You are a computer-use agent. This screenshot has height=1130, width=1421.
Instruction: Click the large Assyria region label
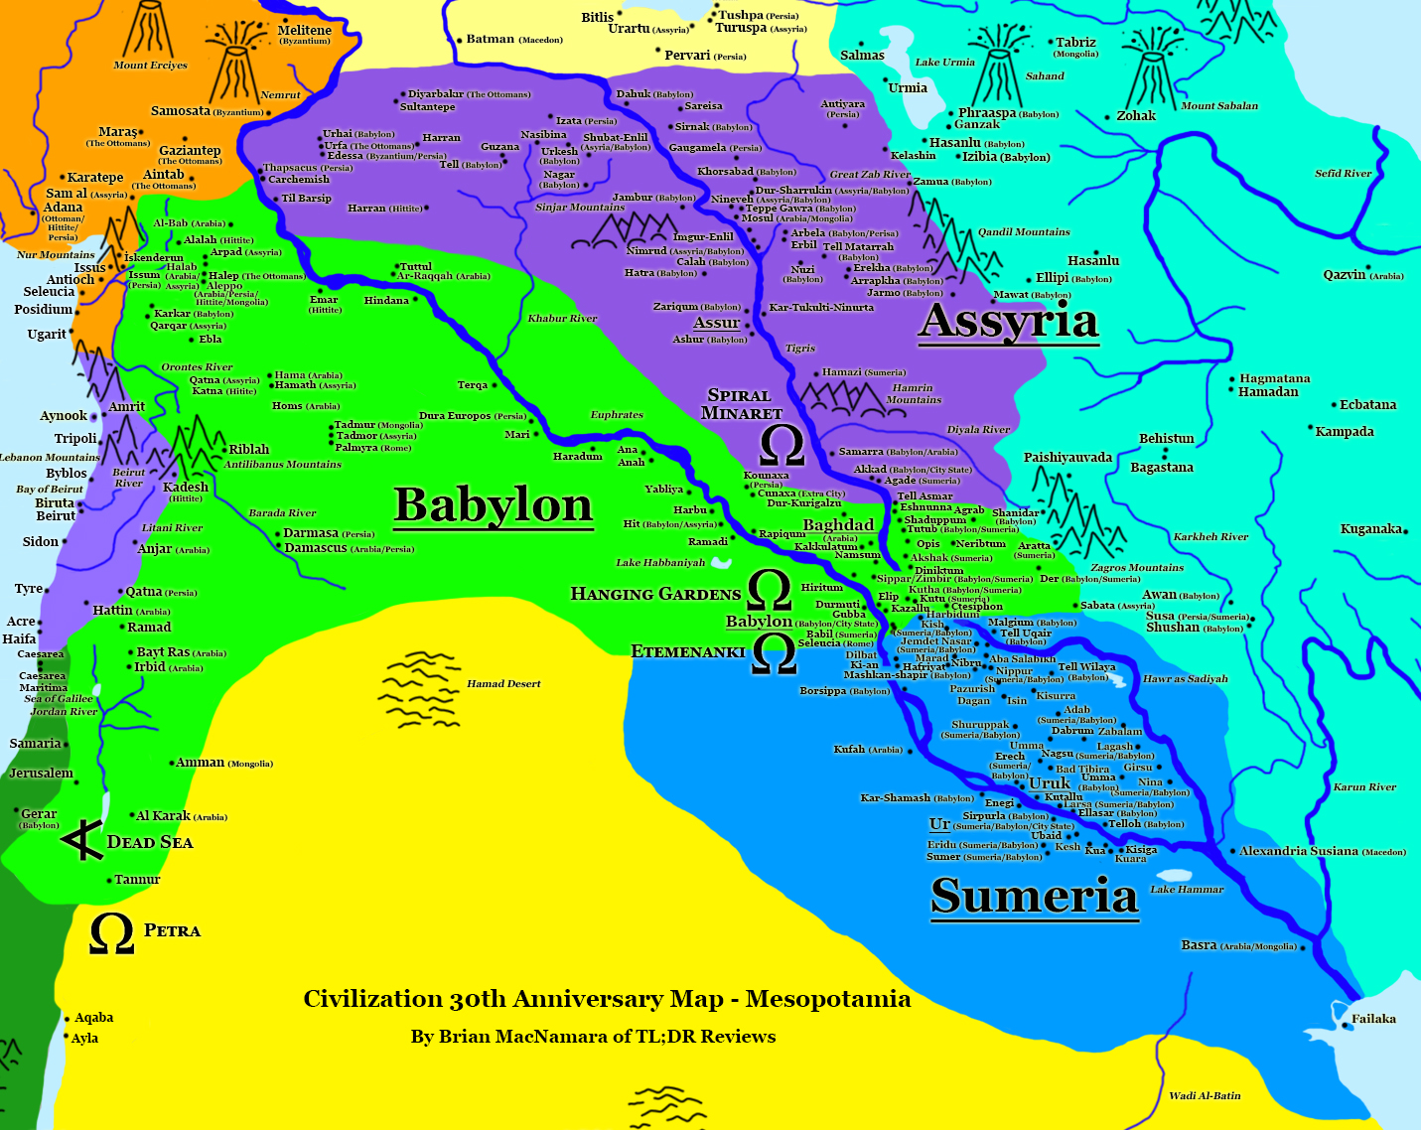coord(1008,321)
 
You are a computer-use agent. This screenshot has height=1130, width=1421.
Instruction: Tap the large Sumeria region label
coord(1034,896)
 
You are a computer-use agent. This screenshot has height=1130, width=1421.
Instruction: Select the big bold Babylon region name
coord(493,504)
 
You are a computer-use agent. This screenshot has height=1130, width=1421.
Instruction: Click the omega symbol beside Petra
coord(111,933)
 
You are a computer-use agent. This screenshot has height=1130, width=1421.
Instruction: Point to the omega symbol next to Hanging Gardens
coord(769,592)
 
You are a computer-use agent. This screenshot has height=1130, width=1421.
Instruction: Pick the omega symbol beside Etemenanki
coord(774,653)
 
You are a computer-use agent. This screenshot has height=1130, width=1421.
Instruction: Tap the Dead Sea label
coord(150,842)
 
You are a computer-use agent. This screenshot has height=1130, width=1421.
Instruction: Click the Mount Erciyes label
coord(150,66)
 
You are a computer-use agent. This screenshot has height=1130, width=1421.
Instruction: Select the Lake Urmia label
coord(944,63)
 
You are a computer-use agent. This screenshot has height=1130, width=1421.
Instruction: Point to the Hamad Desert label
coord(503,684)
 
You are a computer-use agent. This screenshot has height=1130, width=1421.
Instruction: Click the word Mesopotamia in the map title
coord(827,999)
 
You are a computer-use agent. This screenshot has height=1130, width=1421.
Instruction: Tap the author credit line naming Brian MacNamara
coord(593,1037)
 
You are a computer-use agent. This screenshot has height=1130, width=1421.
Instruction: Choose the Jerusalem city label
coord(41,774)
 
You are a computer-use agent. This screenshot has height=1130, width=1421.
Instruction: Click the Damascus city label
coord(316,548)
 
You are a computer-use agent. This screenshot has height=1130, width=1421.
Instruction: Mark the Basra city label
coord(1199,945)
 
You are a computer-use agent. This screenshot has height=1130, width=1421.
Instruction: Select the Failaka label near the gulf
coord(1373,1019)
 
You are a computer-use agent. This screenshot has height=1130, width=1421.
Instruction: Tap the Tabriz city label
coord(1075,43)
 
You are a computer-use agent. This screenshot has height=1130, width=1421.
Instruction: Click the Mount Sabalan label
coord(1218,106)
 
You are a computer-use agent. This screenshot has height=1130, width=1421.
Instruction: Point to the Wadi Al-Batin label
coord(1205,1096)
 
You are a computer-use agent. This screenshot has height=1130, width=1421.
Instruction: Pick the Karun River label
coord(1364,787)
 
